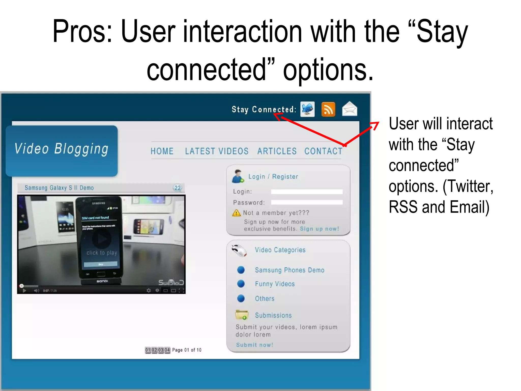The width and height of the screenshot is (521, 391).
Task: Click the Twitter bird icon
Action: [x=307, y=109]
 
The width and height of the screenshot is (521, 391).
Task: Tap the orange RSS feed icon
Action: [x=328, y=109]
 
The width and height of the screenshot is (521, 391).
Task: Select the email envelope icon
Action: [x=350, y=109]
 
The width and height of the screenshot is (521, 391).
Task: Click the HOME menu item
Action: [x=162, y=151]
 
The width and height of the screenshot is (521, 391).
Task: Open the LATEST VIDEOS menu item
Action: [x=217, y=151]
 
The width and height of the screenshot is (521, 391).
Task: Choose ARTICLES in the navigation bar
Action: [x=277, y=151]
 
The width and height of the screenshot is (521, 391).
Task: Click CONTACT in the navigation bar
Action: [x=323, y=151]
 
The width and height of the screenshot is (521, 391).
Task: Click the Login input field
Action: [x=307, y=192]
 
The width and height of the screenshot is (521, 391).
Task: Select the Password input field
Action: [x=307, y=203]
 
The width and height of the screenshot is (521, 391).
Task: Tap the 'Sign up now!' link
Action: [x=320, y=229]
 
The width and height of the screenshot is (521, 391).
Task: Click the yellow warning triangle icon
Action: [x=236, y=213]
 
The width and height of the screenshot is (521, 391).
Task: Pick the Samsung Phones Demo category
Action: [x=290, y=270]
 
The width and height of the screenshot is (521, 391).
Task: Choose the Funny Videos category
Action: [x=275, y=284]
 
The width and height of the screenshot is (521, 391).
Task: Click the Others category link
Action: [x=265, y=299]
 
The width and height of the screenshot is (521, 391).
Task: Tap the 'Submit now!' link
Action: [x=254, y=345]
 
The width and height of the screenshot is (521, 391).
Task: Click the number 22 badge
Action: [x=178, y=188]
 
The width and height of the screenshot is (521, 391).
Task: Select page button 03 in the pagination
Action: [x=161, y=350]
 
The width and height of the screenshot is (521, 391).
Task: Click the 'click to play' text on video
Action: [x=102, y=253]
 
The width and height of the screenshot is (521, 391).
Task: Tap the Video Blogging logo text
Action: [x=61, y=149]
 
